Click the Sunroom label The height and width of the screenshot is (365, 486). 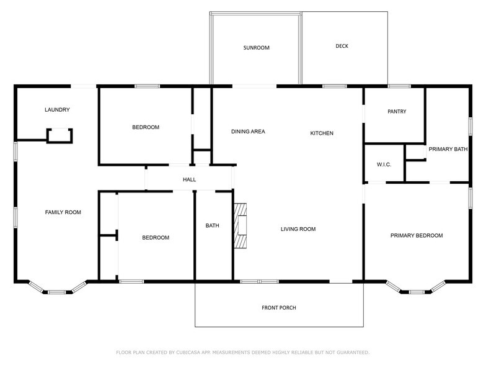(x=257, y=48)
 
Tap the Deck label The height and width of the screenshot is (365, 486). (x=342, y=46)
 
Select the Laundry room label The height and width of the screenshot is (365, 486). (x=57, y=109)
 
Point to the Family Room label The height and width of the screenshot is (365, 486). (x=63, y=212)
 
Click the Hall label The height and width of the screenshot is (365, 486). (x=190, y=179)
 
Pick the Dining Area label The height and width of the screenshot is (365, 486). (x=248, y=132)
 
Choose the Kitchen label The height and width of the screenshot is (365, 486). (x=322, y=133)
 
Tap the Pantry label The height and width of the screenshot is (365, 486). (x=397, y=112)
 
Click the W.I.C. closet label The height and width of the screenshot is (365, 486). (x=384, y=164)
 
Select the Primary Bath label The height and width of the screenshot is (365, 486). (x=448, y=149)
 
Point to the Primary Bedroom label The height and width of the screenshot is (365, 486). (x=417, y=236)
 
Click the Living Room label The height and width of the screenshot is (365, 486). (x=298, y=229)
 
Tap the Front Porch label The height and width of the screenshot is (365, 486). (x=279, y=308)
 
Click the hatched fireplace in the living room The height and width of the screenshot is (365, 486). (x=241, y=226)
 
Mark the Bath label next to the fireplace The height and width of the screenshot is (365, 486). (x=212, y=226)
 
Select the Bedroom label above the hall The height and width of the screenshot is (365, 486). (x=146, y=127)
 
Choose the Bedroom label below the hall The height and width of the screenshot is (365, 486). (x=156, y=238)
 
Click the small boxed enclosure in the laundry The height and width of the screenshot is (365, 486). (x=60, y=135)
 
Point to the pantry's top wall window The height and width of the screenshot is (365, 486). (x=399, y=86)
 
